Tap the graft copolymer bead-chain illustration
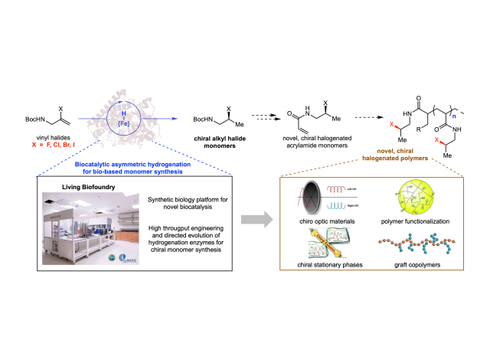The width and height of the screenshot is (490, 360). (413, 247)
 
